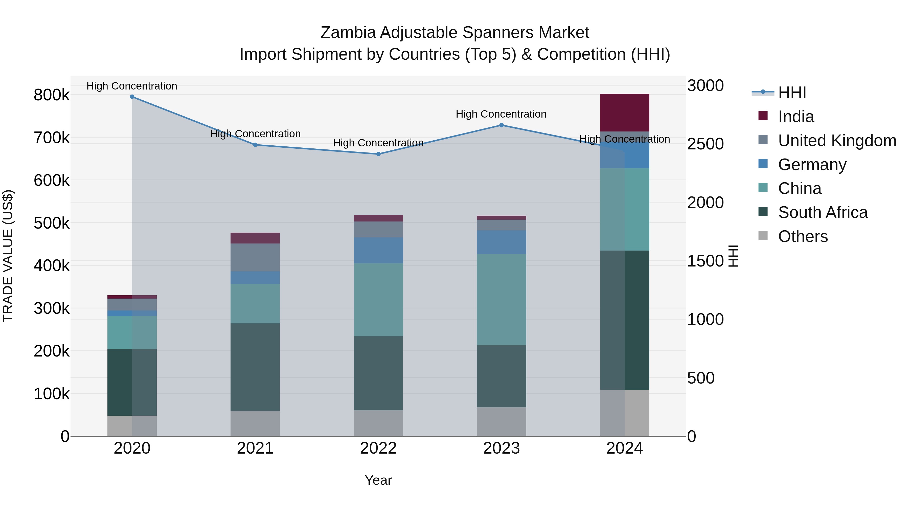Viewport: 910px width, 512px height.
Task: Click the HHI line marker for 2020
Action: [132, 97]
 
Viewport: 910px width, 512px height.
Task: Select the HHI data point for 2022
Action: [378, 154]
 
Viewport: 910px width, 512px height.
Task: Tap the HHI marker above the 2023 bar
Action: [501, 125]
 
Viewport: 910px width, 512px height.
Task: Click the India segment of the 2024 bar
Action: [625, 113]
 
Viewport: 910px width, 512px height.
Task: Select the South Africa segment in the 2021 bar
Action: [255, 367]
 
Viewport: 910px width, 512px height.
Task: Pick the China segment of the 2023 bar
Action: [501, 299]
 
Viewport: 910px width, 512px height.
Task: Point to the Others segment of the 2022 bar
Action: [378, 423]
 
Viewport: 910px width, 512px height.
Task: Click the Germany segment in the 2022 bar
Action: [378, 250]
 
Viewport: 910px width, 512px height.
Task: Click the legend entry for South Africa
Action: [822, 213]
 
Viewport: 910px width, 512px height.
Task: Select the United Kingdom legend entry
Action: [836, 141]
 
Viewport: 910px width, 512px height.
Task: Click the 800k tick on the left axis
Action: [52, 95]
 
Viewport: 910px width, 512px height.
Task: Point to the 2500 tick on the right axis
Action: [705, 144]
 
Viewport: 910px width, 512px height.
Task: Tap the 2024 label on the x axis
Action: [625, 448]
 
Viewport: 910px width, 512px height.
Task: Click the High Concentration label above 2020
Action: [132, 86]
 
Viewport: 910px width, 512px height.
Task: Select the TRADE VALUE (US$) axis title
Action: [8, 256]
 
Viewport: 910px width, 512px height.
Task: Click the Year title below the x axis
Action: [378, 480]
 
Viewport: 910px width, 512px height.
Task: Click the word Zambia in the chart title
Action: [348, 33]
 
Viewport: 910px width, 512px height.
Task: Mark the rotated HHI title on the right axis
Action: [733, 256]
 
